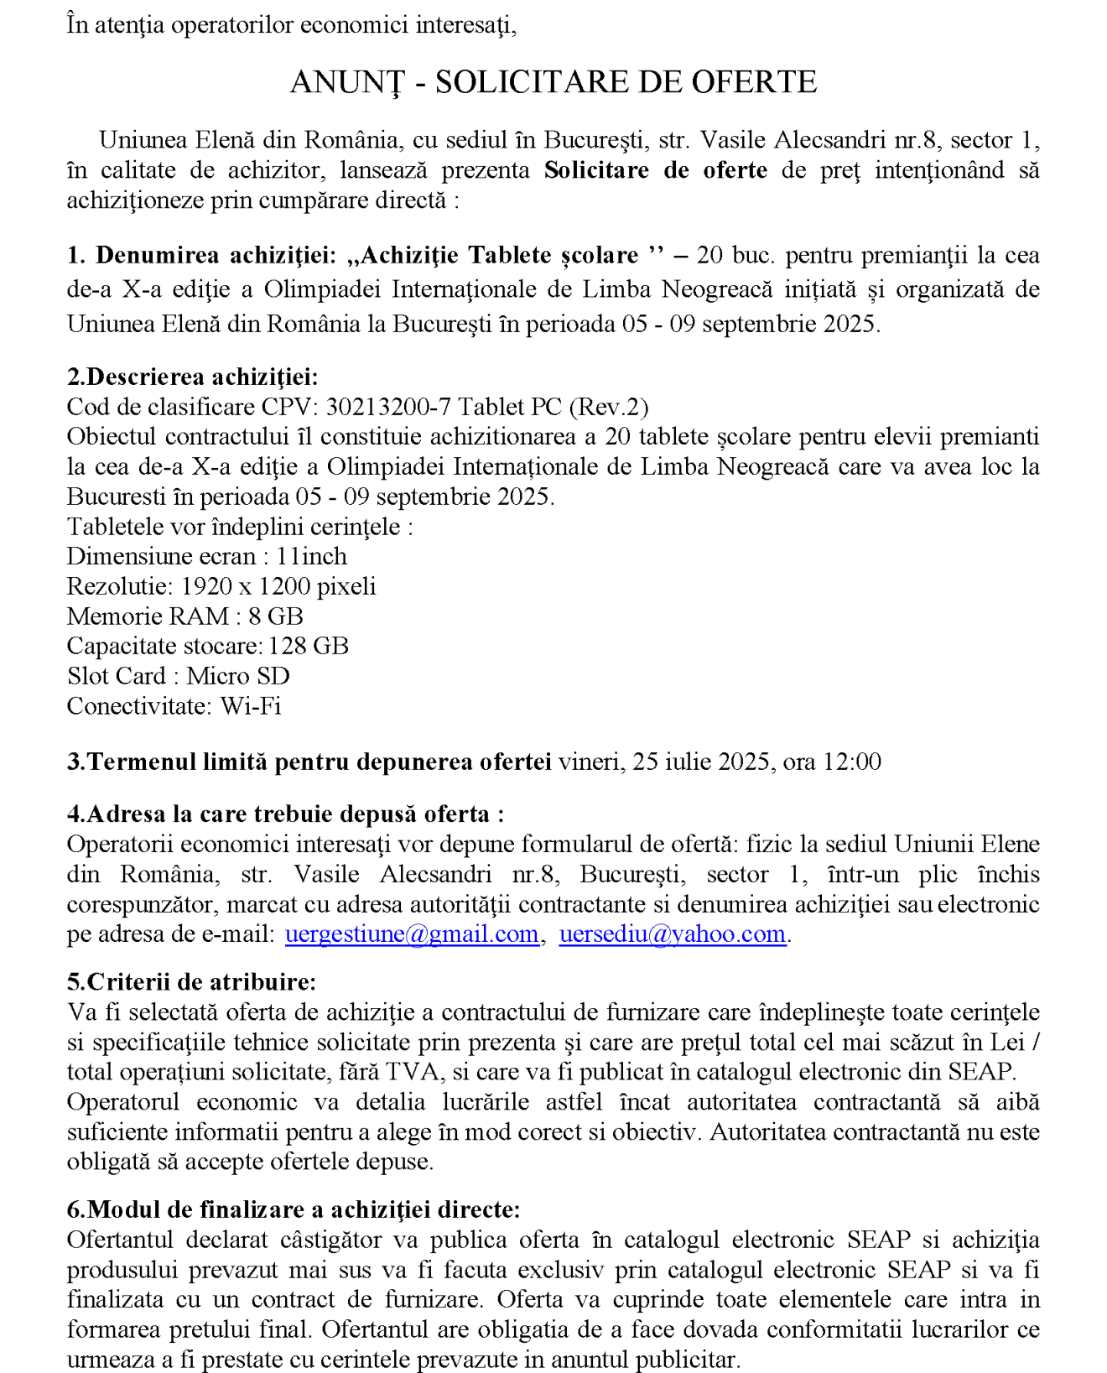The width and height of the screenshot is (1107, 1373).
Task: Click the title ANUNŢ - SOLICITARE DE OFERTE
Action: pos(553,82)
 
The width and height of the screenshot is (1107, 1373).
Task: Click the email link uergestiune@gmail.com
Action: pos(412,934)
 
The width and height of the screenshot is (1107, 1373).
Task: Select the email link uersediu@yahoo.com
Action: pos(672,934)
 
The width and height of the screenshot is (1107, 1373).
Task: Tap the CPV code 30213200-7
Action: pos(387,407)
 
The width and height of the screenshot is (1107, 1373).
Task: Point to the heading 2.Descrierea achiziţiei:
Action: pos(192,377)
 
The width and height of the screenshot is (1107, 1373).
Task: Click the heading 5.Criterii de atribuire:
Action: pos(191,981)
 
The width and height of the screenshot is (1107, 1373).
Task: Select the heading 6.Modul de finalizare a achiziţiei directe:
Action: pos(294,1209)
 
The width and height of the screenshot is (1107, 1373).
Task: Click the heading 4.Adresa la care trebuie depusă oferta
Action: pos(285,814)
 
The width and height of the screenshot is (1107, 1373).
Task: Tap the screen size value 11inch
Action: pos(311,556)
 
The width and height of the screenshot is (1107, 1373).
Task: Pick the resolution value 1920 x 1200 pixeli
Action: pos(278,586)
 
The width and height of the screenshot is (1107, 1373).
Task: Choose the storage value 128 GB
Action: pos(308,646)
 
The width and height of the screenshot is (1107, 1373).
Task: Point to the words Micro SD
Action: pos(238,676)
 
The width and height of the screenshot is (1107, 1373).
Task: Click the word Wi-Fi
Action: pos(251,706)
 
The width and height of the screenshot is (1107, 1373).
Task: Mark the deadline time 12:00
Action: pos(852,762)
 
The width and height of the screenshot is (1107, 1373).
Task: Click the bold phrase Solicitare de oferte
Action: pos(655,170)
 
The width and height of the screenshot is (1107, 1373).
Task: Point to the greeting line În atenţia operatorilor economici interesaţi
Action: pos(291,25)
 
